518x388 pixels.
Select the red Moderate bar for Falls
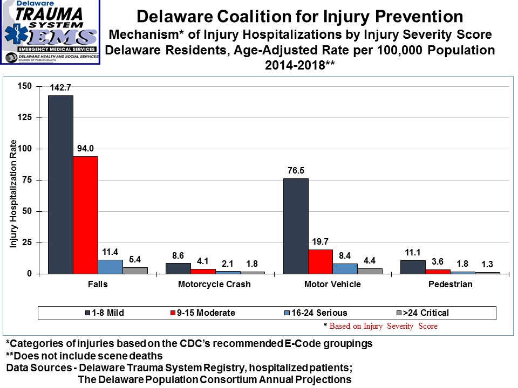click(85, 215)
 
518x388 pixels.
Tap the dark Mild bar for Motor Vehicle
click(296, 226)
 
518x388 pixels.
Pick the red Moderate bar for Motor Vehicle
click(321, 262)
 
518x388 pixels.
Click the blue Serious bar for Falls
click(110, 267)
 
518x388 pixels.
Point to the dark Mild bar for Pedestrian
click(413, 268)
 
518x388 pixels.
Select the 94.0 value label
click(85, 148)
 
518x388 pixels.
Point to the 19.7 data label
click(321, 241)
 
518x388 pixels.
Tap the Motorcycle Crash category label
click(214, 285)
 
